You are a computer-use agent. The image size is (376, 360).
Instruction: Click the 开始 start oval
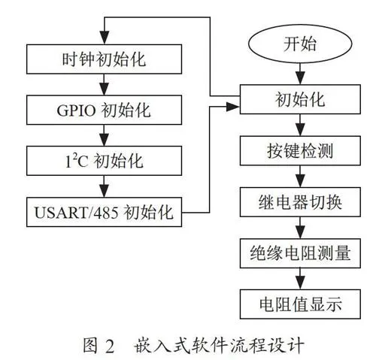[300, 44]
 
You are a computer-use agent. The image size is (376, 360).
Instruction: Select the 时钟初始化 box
[104, 59]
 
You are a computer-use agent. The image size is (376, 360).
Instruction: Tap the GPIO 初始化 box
[104, 110]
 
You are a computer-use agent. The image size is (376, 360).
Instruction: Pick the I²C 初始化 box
[104, 161]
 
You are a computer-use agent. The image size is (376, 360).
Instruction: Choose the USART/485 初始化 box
[104, 212]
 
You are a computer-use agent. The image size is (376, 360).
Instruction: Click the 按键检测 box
[300, 150]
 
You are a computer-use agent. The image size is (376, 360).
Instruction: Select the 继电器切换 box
[300, 202]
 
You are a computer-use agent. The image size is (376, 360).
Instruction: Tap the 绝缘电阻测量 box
[300, 253]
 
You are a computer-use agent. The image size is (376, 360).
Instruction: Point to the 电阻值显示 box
[300, 304]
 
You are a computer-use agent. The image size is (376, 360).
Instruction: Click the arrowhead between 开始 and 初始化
[300, 78]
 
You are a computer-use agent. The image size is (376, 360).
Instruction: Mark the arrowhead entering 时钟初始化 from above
[105, 38]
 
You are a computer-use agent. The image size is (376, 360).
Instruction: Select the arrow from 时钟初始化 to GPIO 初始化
[105, 85]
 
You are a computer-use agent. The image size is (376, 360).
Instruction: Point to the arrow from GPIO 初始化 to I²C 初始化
[105, 135]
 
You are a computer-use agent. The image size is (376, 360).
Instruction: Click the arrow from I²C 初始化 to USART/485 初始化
[105, 186]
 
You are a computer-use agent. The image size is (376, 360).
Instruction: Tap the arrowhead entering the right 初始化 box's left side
[233, 107]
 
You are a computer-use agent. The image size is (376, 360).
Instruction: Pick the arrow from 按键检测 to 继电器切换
[300, 177]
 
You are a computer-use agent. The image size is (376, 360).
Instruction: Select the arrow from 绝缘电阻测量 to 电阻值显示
[300, 279]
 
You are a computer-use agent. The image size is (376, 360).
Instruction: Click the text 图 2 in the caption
[99, 345]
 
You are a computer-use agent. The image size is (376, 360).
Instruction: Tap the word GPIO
[76, 110]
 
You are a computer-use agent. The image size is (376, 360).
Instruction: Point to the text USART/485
[76, 213]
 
